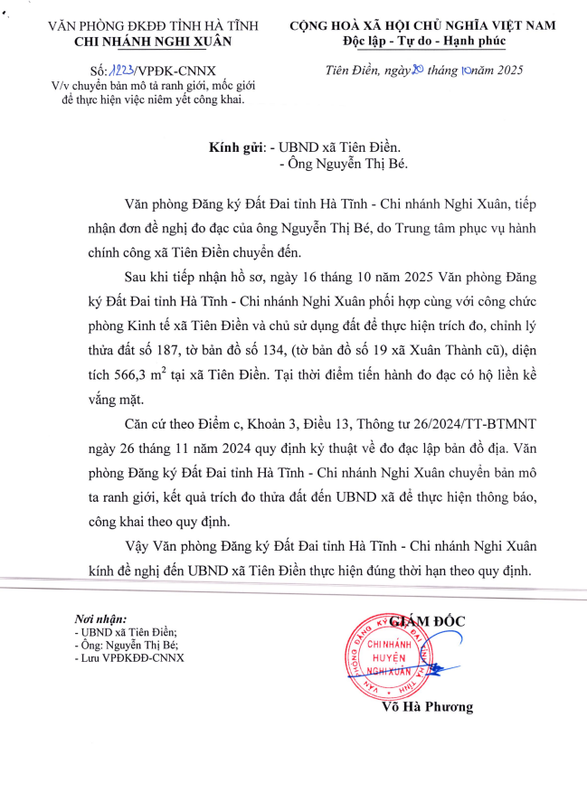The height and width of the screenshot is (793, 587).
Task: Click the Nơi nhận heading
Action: tap(100, 618)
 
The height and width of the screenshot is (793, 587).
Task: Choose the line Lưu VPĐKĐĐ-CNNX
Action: tap(131, 657)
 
